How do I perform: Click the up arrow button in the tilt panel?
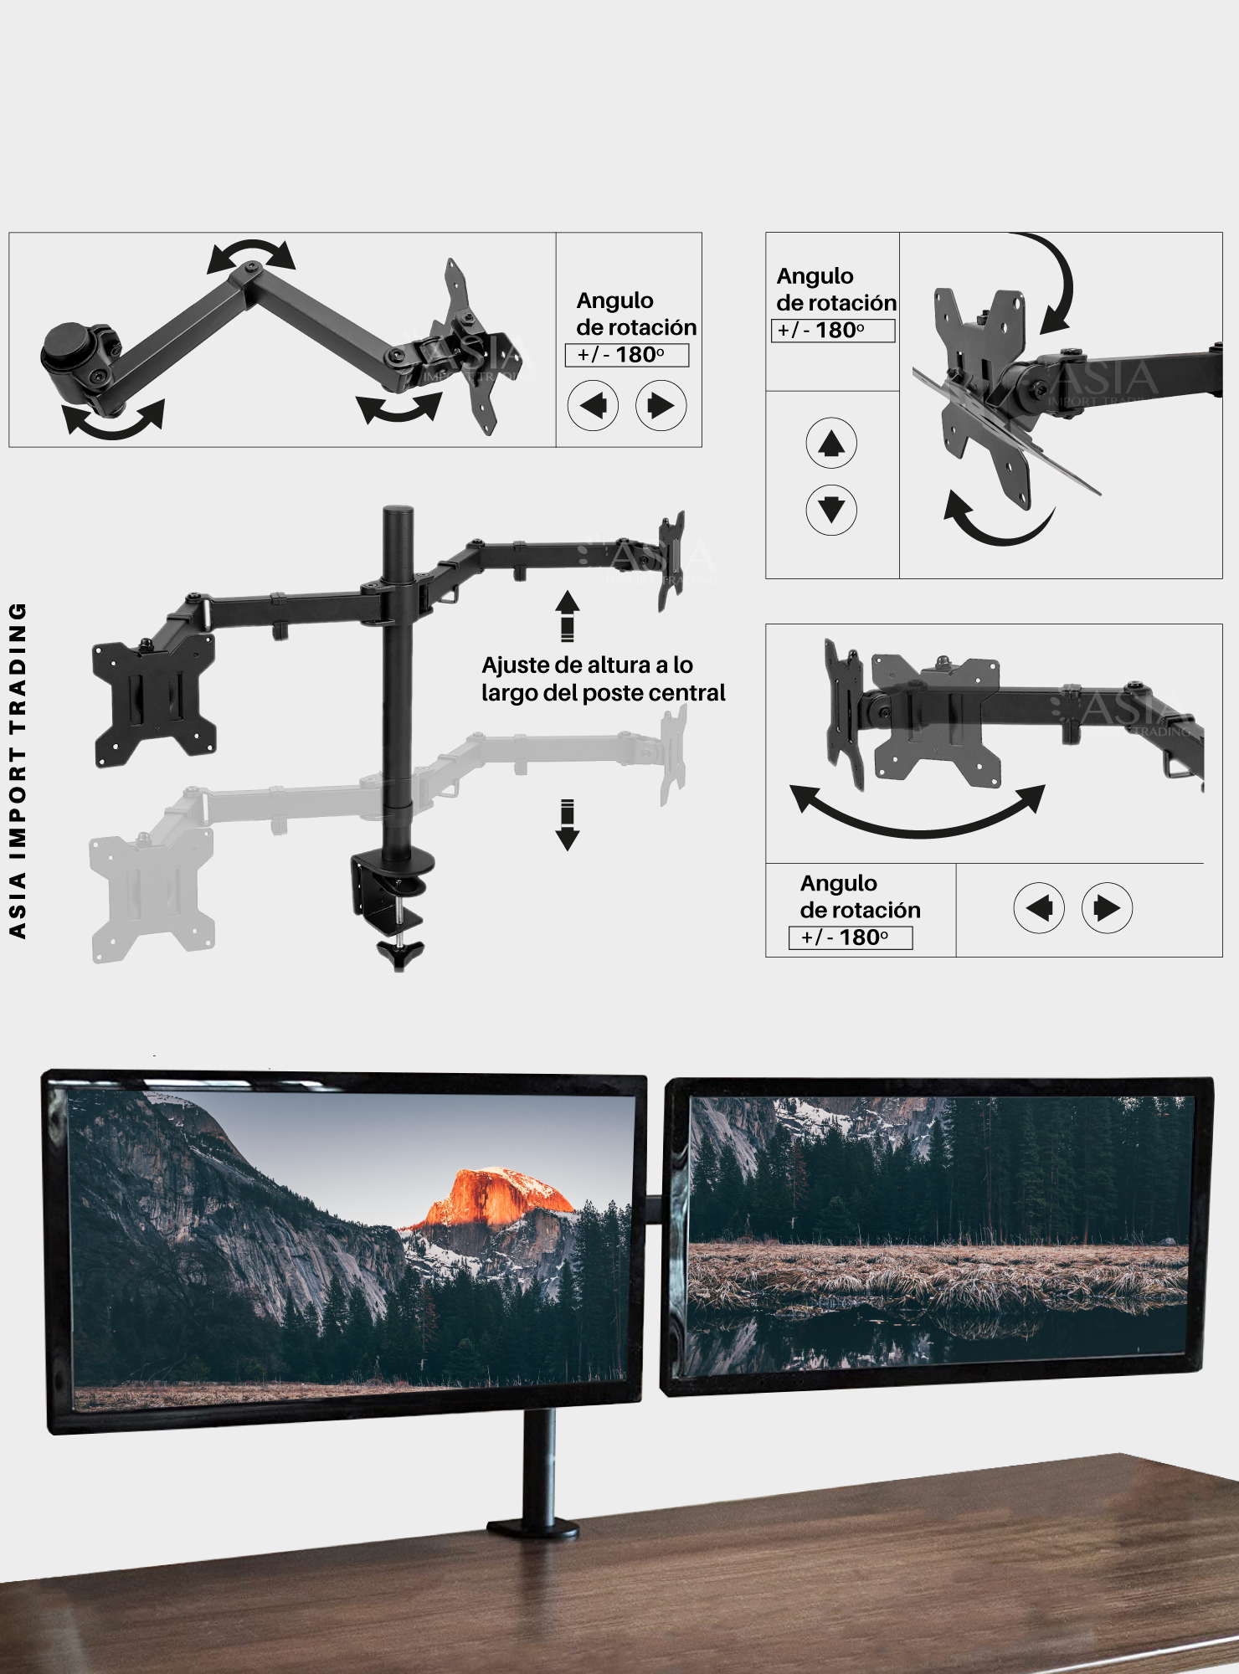point(830,443)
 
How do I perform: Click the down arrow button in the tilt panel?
point(830,509)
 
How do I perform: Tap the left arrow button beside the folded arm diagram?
point(593,406)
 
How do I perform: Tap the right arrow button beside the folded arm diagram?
point(661,406)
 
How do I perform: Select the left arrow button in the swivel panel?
point(1038,908)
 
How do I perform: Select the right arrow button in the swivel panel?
point(1107,908)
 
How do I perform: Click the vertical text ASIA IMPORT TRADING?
point(18,770)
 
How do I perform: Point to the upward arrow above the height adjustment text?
point(568,615)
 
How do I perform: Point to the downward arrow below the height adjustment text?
point(568,825)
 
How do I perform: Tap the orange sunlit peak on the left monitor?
point(494,1193)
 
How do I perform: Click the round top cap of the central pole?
point(398,511)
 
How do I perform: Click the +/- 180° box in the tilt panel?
point(832,331)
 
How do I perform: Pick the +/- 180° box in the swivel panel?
point(850,937)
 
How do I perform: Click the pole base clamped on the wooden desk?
point(534,1528)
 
